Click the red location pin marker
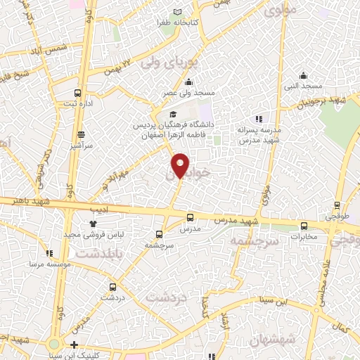coord(180,165)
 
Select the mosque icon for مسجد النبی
coord(303,76)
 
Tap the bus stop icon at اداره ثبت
coord(77,93)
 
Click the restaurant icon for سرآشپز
coord(82,134)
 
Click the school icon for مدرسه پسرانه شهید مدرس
coord(259,119)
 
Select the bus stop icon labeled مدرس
coord(190,217)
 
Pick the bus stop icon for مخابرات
coord(304,226)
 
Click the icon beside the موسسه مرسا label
coord(49,253)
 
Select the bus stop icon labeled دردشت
coord(113,286)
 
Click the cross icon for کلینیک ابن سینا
coord(75,345)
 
